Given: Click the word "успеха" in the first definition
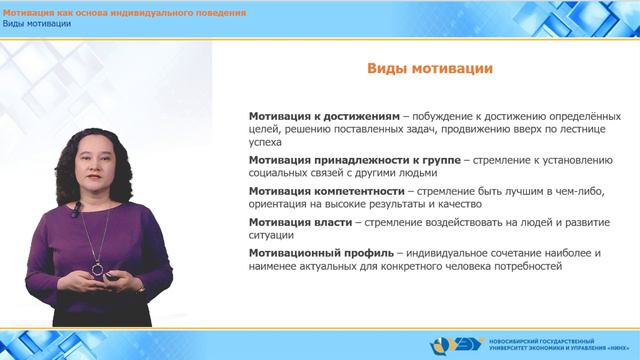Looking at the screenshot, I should click(x=267, y=143).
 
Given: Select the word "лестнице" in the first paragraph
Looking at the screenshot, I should click(x=571, y=129).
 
